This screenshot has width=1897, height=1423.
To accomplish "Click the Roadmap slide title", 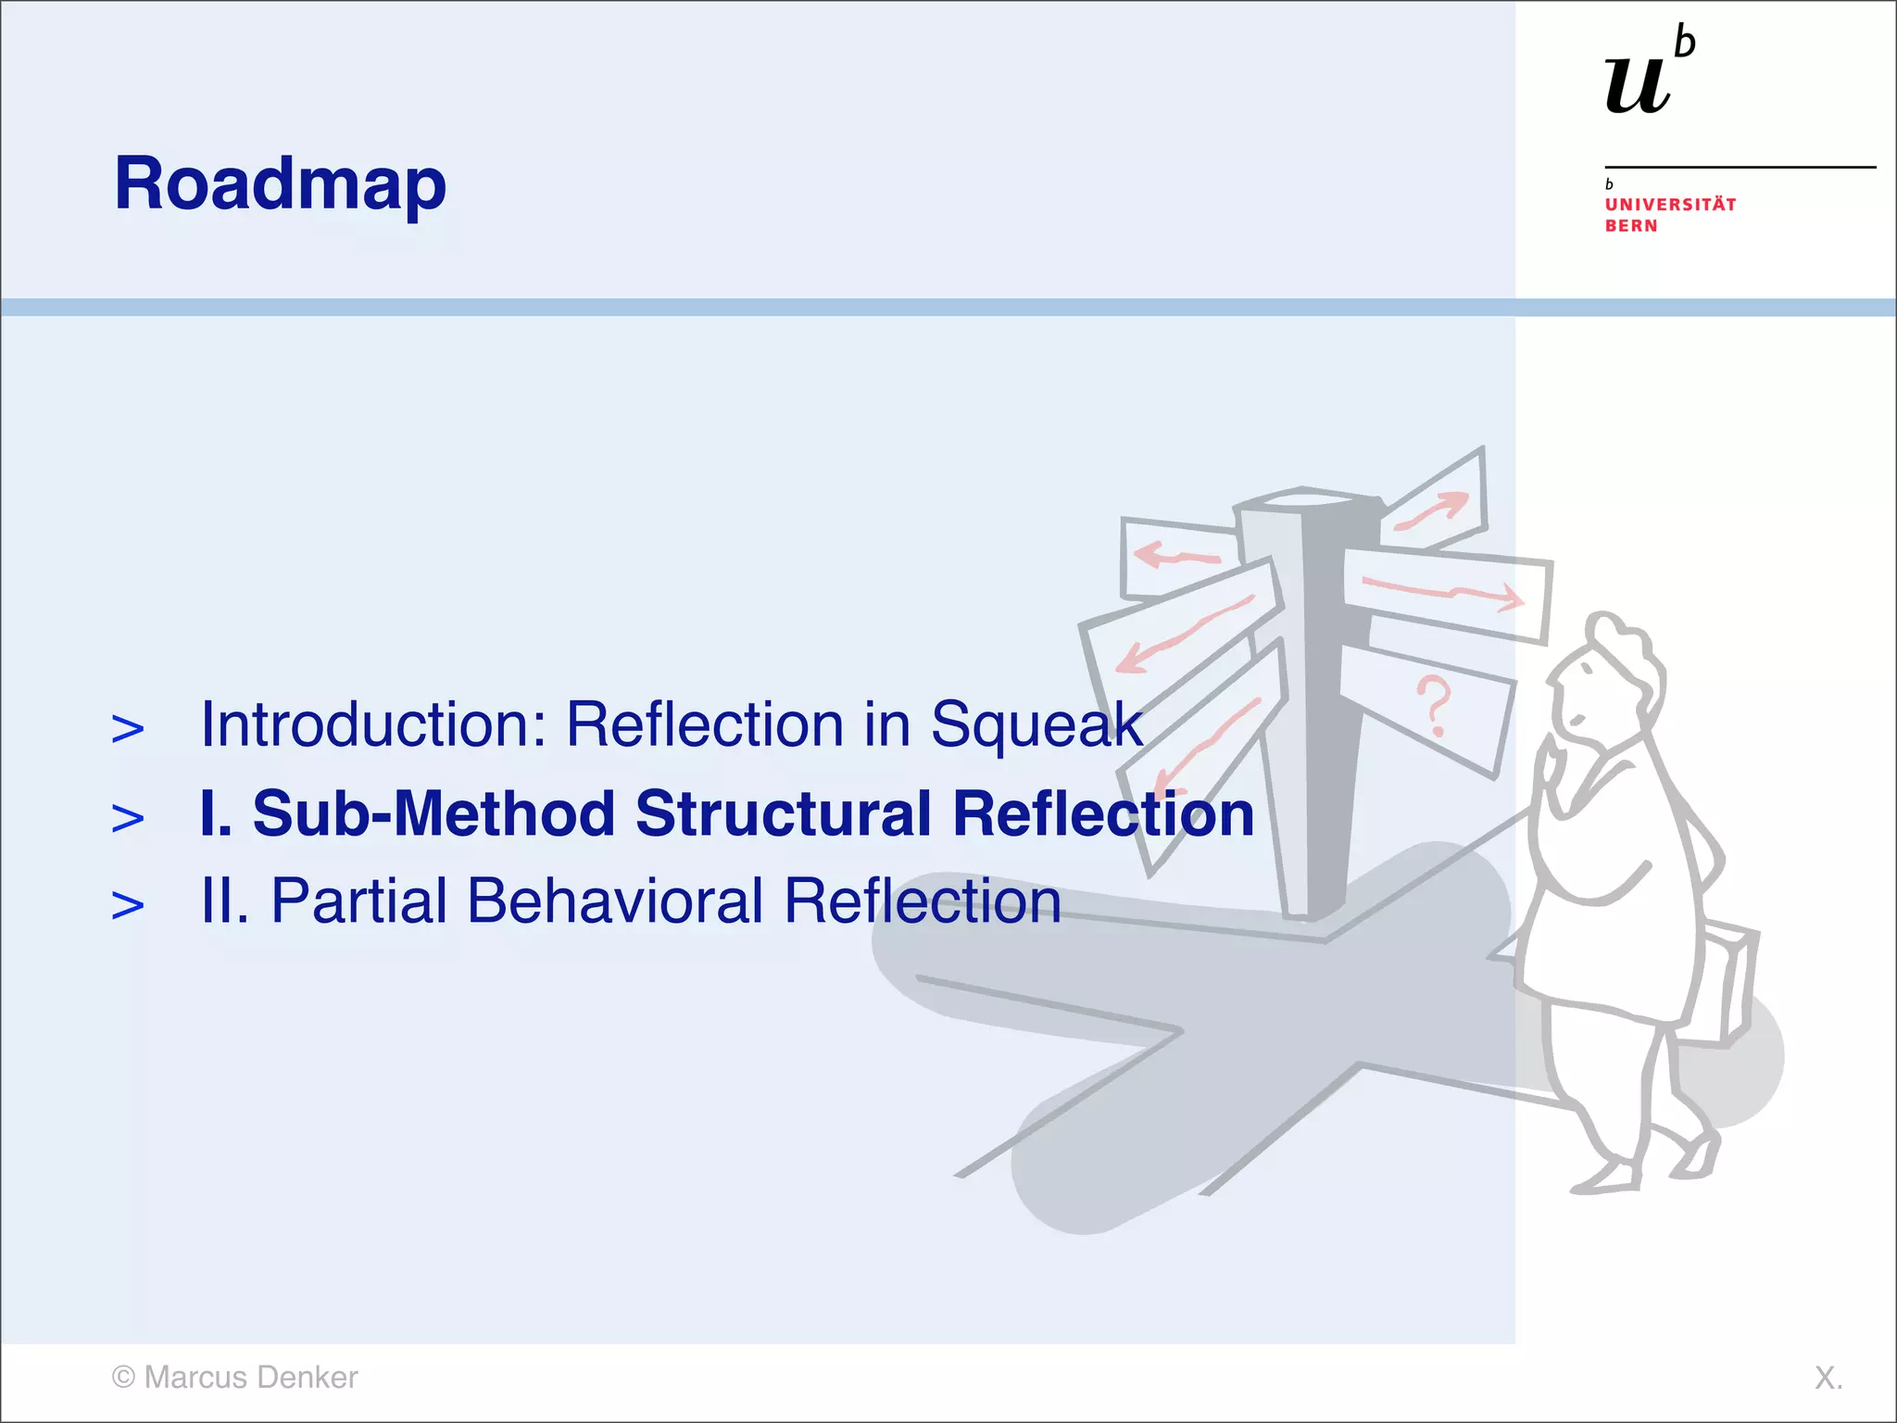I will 280,183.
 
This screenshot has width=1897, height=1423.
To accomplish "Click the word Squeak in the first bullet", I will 1036,724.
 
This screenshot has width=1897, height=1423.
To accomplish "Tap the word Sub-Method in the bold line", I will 433,813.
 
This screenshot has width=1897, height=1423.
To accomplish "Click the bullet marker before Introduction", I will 128,729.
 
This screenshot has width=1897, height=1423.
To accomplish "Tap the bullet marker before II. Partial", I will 128,905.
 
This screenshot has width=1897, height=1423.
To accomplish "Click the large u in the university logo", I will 1638,85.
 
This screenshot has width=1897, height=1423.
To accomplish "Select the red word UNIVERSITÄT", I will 1670,205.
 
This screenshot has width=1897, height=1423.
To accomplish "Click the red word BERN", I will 1631,226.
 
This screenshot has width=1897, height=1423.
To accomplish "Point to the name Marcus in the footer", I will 195,1378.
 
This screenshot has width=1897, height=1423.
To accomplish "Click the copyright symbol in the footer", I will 123,1378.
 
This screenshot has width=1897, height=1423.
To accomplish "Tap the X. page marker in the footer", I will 1828,1378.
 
